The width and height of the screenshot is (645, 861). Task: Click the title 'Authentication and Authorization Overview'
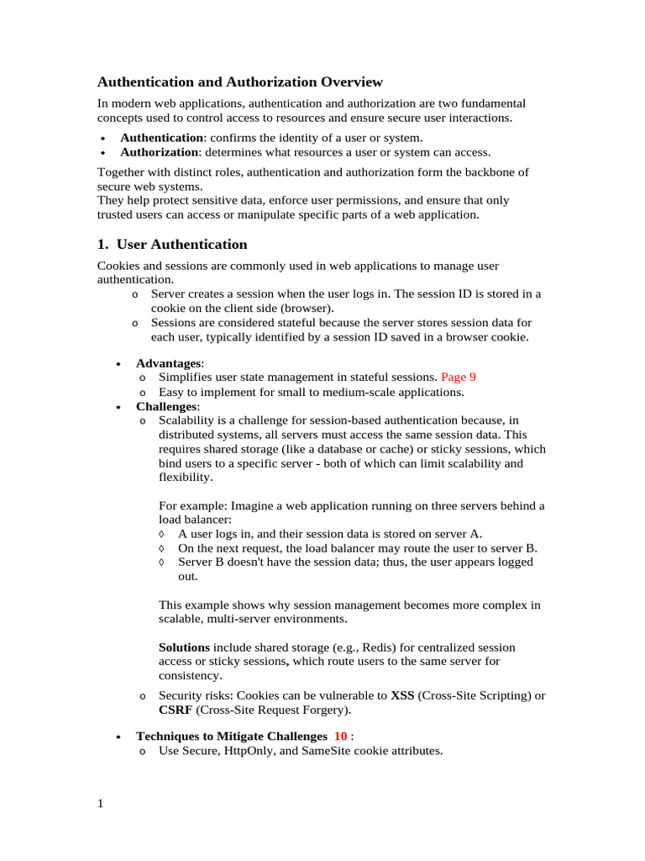click(240, 82)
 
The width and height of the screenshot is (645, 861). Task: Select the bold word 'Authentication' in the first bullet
click(161, 137)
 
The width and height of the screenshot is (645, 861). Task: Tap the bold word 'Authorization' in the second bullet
click(160, 152)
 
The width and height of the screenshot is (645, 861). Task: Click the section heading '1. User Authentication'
click(172, 245)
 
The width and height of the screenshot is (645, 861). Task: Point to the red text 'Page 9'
click(459, 378)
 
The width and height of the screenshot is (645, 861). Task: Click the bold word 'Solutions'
click(184, 647)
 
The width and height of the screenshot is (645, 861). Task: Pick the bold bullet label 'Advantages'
click(169, 362)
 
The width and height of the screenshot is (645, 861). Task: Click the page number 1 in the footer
click(101, 804)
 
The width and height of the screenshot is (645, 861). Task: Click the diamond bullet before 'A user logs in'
click(162, 534)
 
